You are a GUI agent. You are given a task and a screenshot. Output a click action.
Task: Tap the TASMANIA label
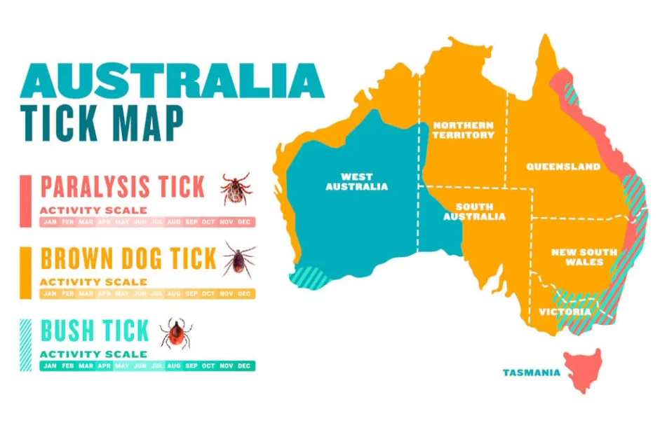point(531,373)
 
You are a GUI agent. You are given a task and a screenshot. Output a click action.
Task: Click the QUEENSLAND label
point(563,167)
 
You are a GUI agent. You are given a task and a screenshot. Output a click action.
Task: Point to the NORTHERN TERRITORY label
point(463,130)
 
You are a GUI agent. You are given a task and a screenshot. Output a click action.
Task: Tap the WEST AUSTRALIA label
point(356,181)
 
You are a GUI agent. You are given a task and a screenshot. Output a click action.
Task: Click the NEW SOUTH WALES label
point(584,257)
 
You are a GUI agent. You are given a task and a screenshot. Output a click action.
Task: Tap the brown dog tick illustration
point(238,260)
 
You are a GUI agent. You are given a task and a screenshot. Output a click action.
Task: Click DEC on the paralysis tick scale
point(244,222)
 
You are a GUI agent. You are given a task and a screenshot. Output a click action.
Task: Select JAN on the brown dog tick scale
point(50,293)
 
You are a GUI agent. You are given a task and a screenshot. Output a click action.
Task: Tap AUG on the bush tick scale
point(174,366)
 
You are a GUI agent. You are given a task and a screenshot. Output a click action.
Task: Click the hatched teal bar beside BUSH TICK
point(26,345)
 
